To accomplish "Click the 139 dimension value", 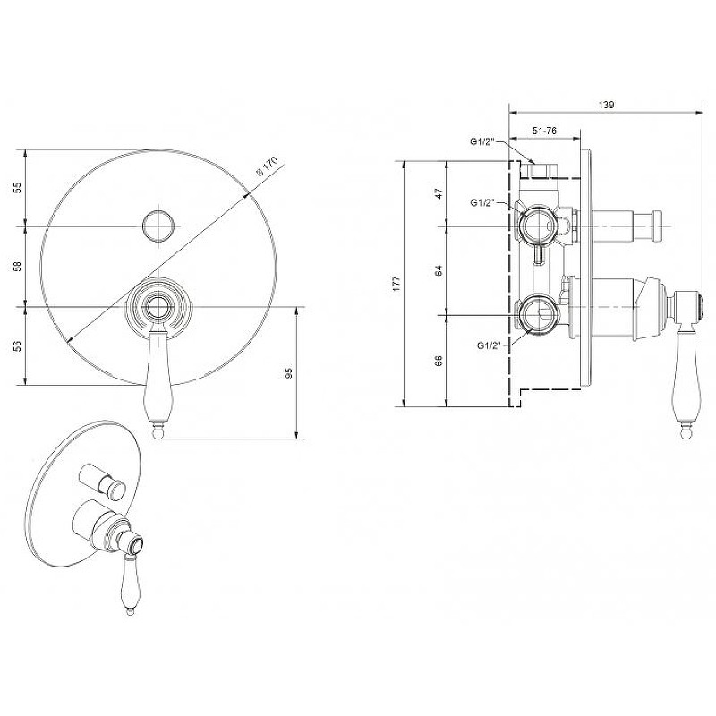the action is coord(606,105).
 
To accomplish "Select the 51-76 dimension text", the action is coord(544,131).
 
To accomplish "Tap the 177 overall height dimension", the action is coord(396,284).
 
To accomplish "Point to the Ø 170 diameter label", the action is coord(267,166).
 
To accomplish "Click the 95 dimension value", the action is coord(287,373).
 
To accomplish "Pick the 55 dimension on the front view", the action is coord(17,188).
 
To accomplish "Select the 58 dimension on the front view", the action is coord(17,266).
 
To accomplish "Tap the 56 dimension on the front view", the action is coord(17,346).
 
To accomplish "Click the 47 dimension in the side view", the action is coord(439,193).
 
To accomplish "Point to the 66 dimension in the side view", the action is coord(439,361).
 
